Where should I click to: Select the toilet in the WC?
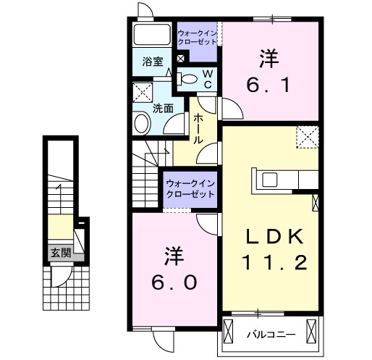tap(189, 78)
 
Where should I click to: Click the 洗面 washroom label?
tap(162, 109)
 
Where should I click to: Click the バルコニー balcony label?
tap(270, 335)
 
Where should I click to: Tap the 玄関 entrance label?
tap(60, 253)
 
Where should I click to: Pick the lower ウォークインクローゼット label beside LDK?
tap(190, 189)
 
